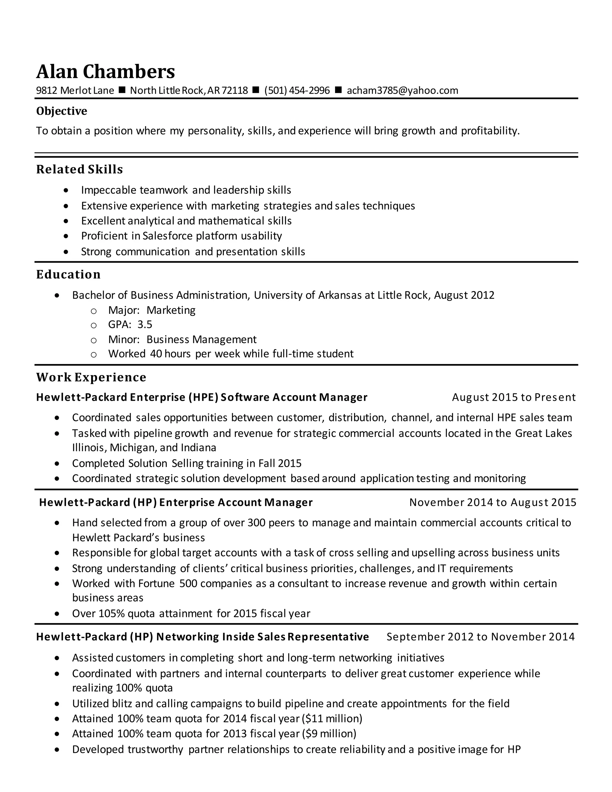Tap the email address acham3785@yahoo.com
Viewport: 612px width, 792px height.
click(402, 90)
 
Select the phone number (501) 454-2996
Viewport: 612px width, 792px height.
click(297, 90)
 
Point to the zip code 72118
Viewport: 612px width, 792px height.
click(235, 90)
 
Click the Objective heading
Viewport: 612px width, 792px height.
click(62, 111)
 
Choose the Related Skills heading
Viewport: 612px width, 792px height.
click(79, 169)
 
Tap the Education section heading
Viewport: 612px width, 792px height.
click(68, 275)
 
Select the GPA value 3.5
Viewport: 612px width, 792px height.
click(145, 325)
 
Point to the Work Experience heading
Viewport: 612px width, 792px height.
click(91, 377)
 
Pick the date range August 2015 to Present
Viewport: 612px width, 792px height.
click(513, 397)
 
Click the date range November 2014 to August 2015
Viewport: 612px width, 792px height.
click(492, 502)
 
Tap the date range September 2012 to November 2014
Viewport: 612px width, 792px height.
click(481, 637)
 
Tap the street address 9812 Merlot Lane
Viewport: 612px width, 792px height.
click(75, 90)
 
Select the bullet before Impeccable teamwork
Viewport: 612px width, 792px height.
click(66, 190)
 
